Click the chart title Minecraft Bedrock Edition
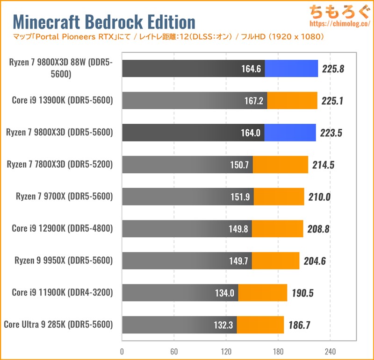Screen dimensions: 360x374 point(103,22)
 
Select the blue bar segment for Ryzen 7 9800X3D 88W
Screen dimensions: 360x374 point(291,68)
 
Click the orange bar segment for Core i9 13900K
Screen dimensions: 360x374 point(292,100)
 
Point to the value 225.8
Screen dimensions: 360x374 point(333,69)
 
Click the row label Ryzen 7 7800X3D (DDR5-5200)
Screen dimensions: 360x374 point(60,164)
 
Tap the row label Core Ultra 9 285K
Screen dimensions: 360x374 point(58,324)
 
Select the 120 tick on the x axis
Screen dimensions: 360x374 point(226,351)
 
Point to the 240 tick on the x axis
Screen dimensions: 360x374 point(330,351)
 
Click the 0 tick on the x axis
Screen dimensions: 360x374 point(122,351)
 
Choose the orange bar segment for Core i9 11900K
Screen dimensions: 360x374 point(263,293)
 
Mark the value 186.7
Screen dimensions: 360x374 point(298,325)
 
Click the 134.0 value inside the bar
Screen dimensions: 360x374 point(223,293)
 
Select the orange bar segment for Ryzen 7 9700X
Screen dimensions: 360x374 point(279,197)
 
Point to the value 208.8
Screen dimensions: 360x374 point(318,229)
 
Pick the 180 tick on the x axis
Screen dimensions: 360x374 point(278,351)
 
